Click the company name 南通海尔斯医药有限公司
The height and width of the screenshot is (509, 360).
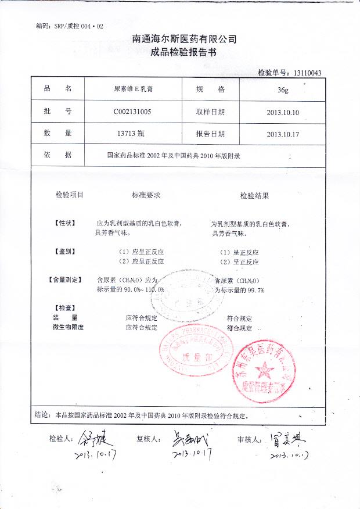185,39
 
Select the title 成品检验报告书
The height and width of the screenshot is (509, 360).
183,52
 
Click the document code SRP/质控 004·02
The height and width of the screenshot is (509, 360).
69,26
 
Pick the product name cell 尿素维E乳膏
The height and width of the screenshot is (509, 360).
133,89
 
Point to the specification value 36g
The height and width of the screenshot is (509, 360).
282,90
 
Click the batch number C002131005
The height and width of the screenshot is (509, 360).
133,112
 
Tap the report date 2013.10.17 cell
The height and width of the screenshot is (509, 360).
282,134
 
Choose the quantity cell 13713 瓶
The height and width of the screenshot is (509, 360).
134,134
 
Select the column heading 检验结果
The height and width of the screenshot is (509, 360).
254,196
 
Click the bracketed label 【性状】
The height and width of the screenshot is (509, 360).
64,223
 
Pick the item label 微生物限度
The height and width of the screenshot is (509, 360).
68,327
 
